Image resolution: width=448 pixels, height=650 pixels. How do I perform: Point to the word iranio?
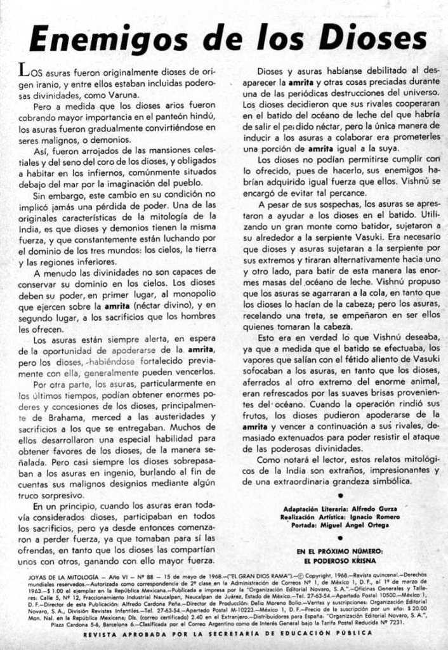coord(49,84)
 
